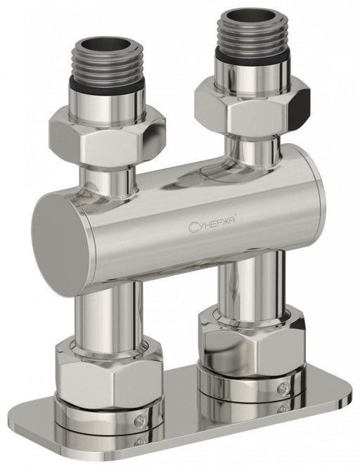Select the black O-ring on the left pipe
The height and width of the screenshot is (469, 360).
pyautogui.click(x=108, y=84)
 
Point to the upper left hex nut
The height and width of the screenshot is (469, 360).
pyautogui.click(x=108, y=137)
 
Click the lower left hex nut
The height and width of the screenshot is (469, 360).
pyautogui.click(x=109, y=370)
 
